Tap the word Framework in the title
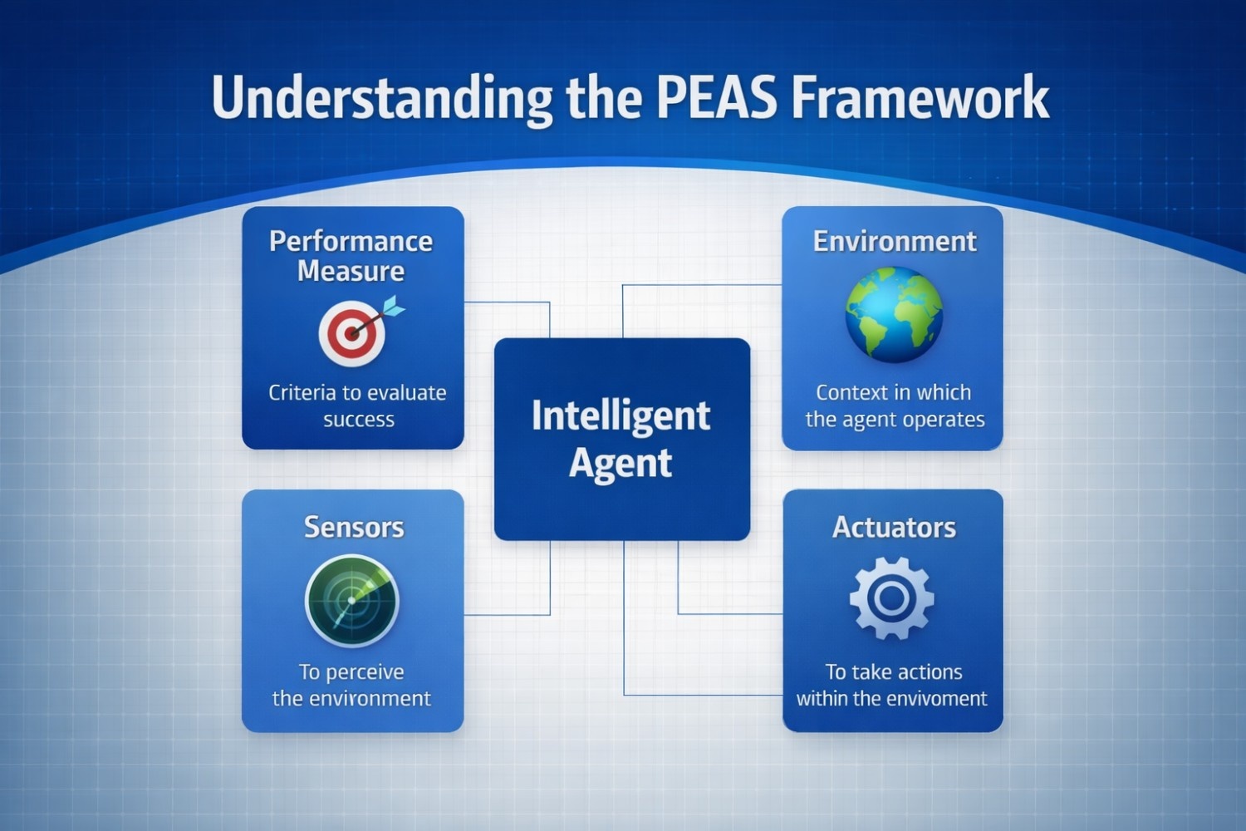[x=920, y=98]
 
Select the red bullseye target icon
[x=352, y=334]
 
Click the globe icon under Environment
[x=894, y=314]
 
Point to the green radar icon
[x=352, y=600]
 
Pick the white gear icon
[x=891, y=597]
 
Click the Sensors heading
[x=354, y=527]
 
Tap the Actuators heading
[x=894, y=527]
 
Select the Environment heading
[x=895, y=241]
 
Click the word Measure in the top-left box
[x=351, y=271]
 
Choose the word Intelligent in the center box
[x=621, y=415]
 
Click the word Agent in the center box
[x=621, y=462]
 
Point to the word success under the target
[x=359, y=420]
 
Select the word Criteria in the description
[x=302, y=392]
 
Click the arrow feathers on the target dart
[x=394, y=307]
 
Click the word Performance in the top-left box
[x=351, y=241]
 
